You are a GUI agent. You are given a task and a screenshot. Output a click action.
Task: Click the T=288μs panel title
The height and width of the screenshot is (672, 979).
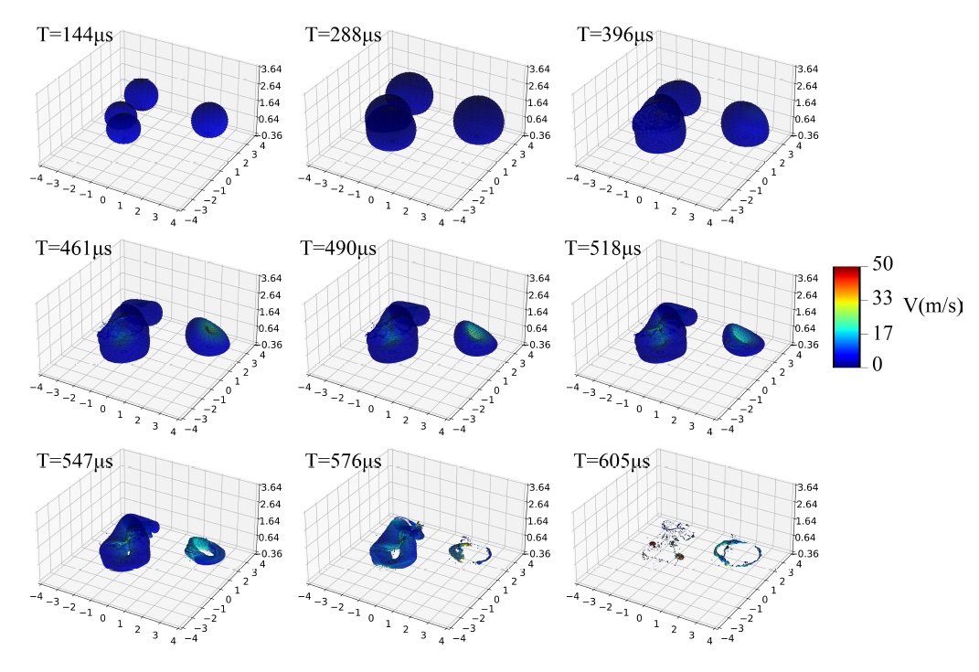343,37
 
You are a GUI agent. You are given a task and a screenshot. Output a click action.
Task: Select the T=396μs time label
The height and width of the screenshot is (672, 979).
615,37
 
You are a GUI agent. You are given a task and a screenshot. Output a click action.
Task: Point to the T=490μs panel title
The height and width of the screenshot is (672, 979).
343,247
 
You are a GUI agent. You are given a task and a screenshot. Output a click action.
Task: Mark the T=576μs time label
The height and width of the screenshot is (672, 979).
343,460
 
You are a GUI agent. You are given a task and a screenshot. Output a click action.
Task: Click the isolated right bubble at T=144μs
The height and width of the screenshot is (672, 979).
209,120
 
